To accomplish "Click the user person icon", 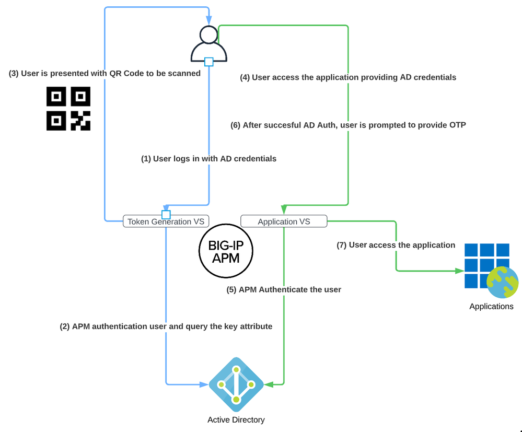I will (x=208, y=43).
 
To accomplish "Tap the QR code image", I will (x=68, y=108).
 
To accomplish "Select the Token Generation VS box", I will (x=166, y=221).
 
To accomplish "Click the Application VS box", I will (x=284, y=221).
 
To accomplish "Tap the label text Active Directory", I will (x=236, y=420).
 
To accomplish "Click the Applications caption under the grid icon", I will (x=491, y=307).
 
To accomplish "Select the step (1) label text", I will (x=209, y=158).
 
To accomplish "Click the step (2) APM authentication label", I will (x=166, y=326).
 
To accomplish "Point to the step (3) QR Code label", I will (x=105, y=74).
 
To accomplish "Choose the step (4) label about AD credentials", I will (x=348, y=77).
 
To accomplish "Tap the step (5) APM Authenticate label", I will (x=284, y=289).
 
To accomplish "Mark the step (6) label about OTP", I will (x=348, y=125).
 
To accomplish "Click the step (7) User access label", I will (x=396, y=245).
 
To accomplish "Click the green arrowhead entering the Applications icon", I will (x=460, y=271).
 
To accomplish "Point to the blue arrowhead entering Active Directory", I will (x=204, y=385).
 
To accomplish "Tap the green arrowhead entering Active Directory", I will (x=269, y=385).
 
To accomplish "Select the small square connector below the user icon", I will (x=209, y=62).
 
